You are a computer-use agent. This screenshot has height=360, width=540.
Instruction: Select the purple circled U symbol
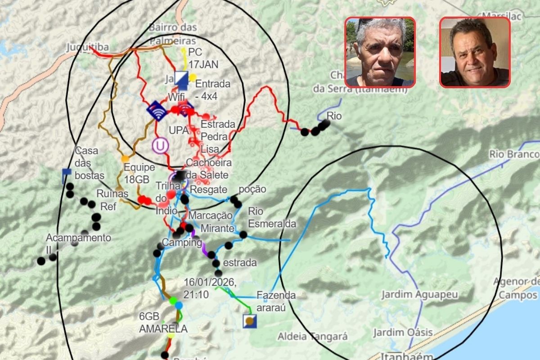pos(160,145)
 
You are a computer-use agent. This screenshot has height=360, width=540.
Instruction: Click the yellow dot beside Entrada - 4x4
pos(193,77)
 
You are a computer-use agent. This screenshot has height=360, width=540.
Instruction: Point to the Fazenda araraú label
pos(276,301)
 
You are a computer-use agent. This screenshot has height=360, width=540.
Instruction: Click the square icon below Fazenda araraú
pos(249,321)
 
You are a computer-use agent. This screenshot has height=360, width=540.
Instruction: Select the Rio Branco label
pos(514,154)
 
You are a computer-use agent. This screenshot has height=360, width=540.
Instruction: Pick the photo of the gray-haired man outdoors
pos(380,52)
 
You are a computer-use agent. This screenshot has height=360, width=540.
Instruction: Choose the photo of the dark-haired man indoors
pos(475,52)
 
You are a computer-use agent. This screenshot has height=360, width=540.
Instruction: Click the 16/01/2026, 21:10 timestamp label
pos(209,288)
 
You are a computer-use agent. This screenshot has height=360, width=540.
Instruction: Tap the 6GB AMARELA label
pos(163,323)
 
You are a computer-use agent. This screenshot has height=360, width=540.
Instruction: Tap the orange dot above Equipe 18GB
pos(125,159)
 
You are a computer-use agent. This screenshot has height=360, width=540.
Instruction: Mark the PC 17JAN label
pos(203,58)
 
